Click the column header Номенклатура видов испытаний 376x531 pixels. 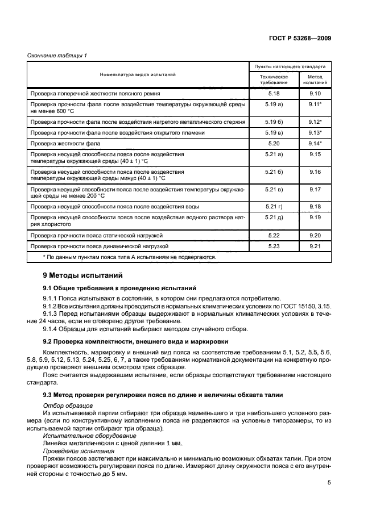(138, 74)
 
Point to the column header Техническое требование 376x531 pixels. (274, 79)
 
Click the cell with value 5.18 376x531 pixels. (274, 93)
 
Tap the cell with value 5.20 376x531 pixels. (274, 143)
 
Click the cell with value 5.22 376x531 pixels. (274, 235)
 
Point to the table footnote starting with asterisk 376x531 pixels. (129, 257)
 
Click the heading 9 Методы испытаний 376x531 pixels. (82, 275)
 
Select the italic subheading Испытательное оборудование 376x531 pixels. (78, 432)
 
